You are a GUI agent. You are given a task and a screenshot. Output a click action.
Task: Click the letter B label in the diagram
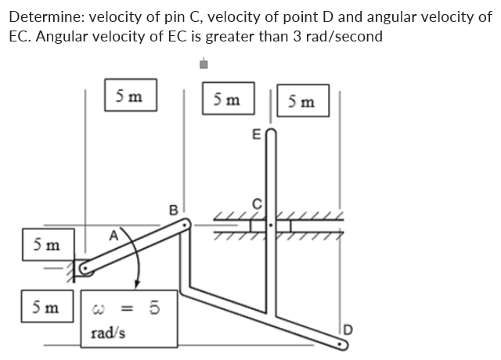point(175,209)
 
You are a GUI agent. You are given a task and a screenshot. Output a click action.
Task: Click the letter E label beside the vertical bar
point(256,135)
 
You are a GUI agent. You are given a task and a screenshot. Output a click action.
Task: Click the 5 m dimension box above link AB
point(129,97)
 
